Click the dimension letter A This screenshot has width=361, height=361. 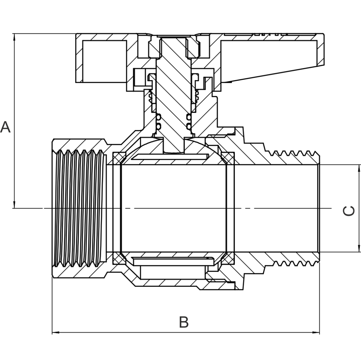[x=5, y=127]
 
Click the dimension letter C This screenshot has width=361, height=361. [x=348, y=211]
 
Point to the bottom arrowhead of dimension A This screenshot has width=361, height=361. [x=14, y=205]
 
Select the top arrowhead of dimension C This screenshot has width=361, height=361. [x=359, y=168]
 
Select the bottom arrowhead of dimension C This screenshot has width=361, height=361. [x=359, y=248]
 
